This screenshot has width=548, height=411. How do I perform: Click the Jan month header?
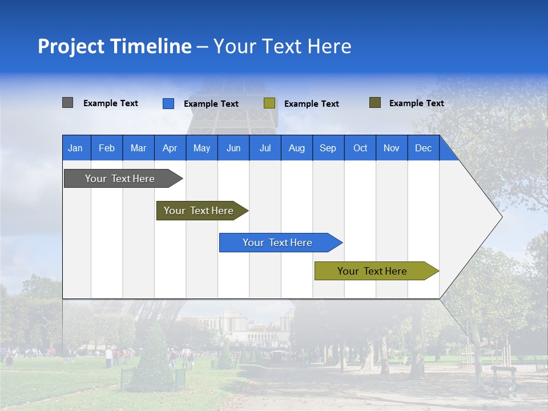(x=76, y=148)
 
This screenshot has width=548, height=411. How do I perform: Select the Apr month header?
(x=170, y=148)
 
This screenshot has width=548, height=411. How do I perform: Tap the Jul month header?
(x=265, y=148)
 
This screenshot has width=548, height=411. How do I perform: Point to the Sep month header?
(x=328, y=148)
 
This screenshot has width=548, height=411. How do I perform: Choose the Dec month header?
(x=423, y=148)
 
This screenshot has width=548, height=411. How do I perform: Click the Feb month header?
(x=107, y=148)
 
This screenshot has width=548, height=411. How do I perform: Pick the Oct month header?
(x=360, y=148)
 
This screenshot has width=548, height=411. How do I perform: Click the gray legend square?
(x=67, y=103)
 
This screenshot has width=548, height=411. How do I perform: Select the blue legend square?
(x=168, y=103)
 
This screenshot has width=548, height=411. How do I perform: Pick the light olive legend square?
(x=269, y=103)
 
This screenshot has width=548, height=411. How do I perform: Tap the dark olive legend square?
(x=375, y=103)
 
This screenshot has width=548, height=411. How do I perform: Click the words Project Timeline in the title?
(x=115, y=46)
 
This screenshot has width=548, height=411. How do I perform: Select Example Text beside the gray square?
(x=111, y=103)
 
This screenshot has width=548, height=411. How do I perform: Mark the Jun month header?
(x=233, y=148)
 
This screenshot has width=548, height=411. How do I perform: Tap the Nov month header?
(x=392, y=148)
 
